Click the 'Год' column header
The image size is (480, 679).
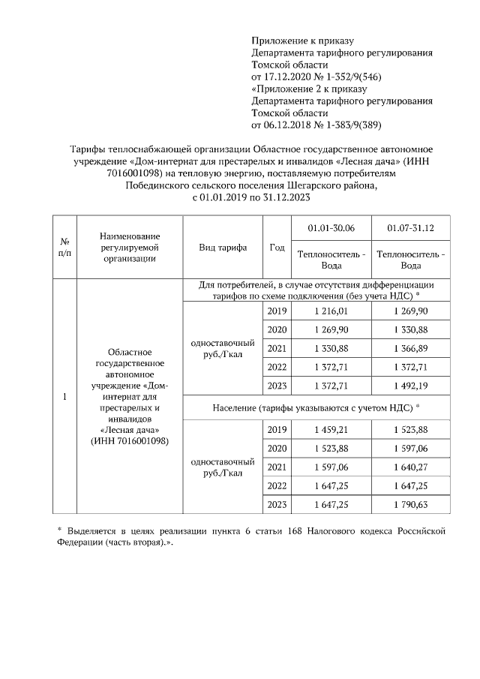click(276, 248)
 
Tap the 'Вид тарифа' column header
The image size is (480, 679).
click(223, 248)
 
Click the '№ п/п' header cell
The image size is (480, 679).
click(65, 248)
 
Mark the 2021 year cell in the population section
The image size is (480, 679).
click(276, 467)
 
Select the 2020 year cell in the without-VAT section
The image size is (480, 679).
click(276, 329)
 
